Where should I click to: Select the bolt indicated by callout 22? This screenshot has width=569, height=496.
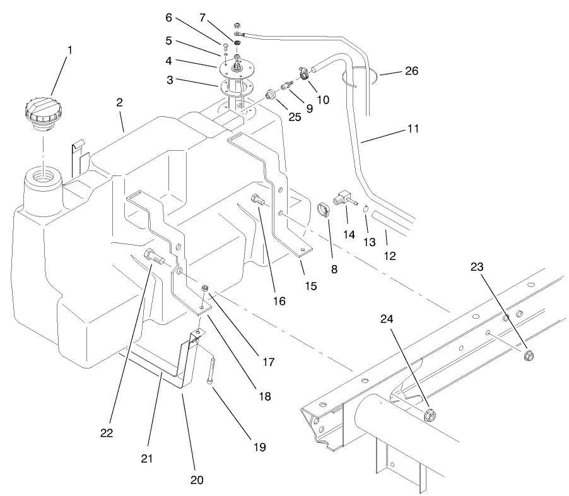tap(151, 257)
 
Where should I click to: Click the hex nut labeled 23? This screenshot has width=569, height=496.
tap(529, 355)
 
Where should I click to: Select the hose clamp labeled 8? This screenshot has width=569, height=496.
tap(322, 208)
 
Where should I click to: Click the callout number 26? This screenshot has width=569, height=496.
tap(411, 71)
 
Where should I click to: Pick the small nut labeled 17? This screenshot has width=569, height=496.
tap(204, 289)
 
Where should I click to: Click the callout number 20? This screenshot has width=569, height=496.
tap(197, 479)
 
